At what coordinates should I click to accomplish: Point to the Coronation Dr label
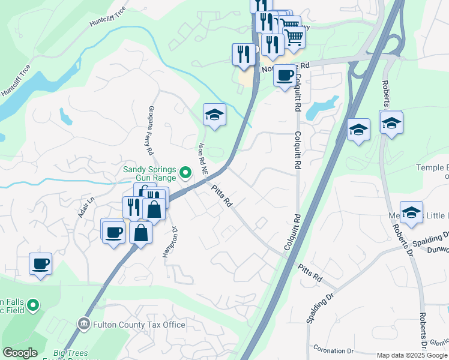click(x=333, y=350)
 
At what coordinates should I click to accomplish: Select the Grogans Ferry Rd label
click(x=151, y=129)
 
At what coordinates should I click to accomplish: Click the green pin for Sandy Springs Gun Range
click(x=185, y=174)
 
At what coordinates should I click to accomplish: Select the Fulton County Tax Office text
click(x=139, y=325)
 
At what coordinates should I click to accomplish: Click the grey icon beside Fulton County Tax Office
click(x=84, y=325)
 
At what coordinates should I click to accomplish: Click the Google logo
click(x=20, y=353)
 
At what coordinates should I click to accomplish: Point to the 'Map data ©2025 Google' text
click(x=412, y=355)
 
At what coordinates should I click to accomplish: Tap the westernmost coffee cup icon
click(x=40, y=263)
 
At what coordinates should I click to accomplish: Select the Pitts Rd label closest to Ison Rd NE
click(x=221, y=196)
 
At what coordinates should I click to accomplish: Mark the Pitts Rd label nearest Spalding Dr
click(x=310, y=277)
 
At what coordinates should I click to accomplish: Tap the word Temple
click(x=432, y=168)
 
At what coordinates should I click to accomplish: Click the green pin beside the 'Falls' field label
click(x=34, y=306)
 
